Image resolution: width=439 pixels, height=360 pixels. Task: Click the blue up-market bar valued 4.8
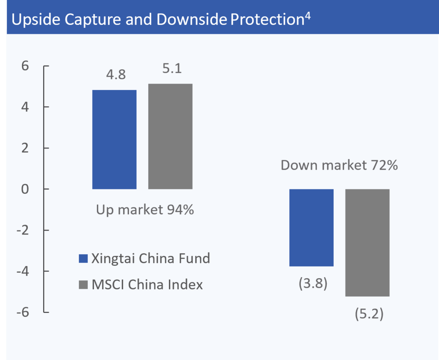(x=114, y=140)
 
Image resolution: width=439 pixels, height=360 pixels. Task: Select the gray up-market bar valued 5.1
(x=170, y=136)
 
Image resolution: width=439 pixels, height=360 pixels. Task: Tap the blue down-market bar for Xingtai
(x=312, y=228)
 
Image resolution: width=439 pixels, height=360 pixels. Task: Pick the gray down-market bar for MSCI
(x=367, y=243)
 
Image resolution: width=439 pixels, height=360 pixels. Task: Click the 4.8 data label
(x=115, y=75)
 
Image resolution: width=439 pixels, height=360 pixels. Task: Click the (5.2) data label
(x=369, y=314)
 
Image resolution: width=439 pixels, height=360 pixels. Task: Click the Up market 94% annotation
(x=145, y=210)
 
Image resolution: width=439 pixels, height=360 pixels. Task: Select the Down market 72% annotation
(x=340, y=165)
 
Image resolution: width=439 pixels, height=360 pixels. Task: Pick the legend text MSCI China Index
(x=147, y=285)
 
